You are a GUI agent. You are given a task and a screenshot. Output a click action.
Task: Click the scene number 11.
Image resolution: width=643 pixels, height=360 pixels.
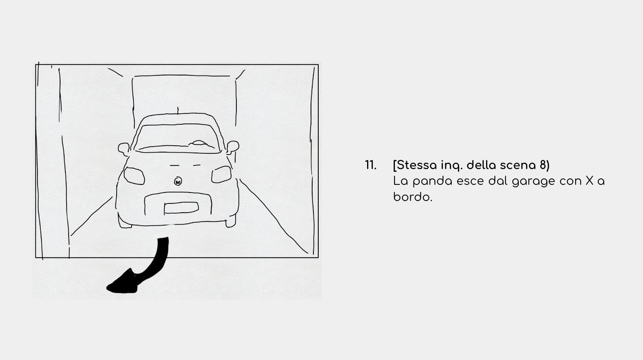click(371, 165)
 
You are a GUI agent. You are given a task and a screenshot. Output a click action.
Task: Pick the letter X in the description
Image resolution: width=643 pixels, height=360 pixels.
click(589, 181)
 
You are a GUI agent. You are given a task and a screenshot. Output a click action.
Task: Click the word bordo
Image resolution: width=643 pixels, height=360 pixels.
click(413, 197)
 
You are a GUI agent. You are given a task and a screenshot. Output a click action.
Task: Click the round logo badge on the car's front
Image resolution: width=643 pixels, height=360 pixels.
click(178, 181)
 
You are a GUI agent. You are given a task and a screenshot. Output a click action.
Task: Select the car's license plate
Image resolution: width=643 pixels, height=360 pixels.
click(181, 208)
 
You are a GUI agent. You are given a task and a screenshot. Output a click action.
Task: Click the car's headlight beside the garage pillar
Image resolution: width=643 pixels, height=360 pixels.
click(134, 176)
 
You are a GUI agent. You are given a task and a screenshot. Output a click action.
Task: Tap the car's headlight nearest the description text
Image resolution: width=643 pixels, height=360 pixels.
click(221, 174)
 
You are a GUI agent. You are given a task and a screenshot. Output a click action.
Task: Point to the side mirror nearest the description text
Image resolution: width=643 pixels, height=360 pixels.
click(232, 147)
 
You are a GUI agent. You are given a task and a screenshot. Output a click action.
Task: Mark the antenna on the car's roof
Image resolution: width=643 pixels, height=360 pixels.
click(178, 111)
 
